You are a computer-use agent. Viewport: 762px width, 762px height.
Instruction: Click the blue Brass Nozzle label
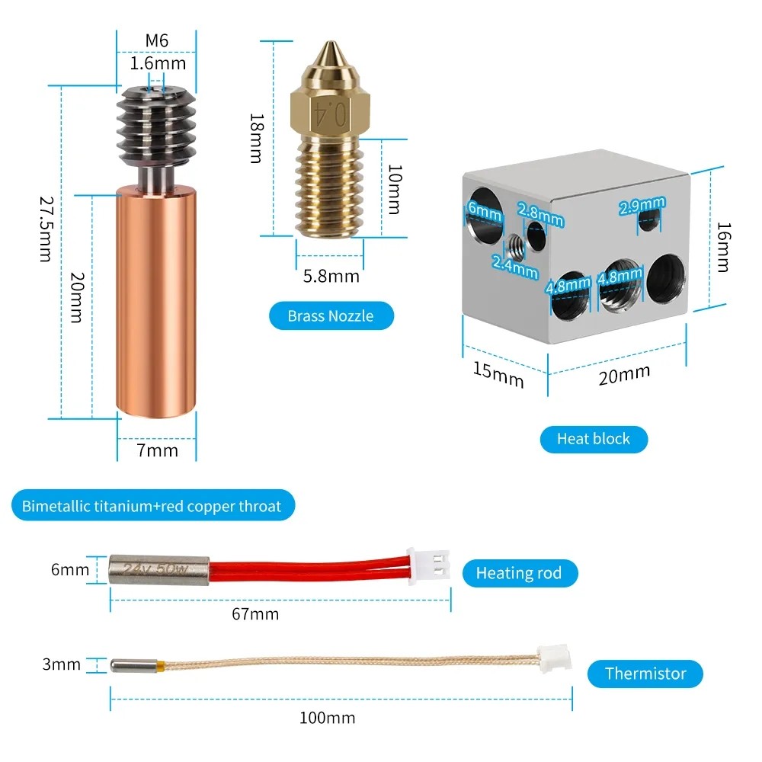click(x=331, y=315)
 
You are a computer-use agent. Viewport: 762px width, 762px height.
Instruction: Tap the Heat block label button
click(x=594, y=438)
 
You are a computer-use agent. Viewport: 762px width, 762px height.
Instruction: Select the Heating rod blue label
click(x=519, y=573)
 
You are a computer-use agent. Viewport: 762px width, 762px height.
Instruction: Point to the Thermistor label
click(x=645, y=674)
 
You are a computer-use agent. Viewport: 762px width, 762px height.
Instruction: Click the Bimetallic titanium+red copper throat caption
click(x=152, y=505)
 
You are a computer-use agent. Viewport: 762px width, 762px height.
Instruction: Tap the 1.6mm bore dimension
click(x=157, y=63)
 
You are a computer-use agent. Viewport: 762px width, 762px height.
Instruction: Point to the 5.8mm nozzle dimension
click(x=331, y=275)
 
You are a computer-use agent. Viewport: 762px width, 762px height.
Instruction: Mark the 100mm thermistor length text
click(x=328, y=717)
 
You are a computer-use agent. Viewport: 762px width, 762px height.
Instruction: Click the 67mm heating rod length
click(x=255, y=613)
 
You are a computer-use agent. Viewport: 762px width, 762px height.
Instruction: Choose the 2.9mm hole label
click(x=642, y=206)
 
